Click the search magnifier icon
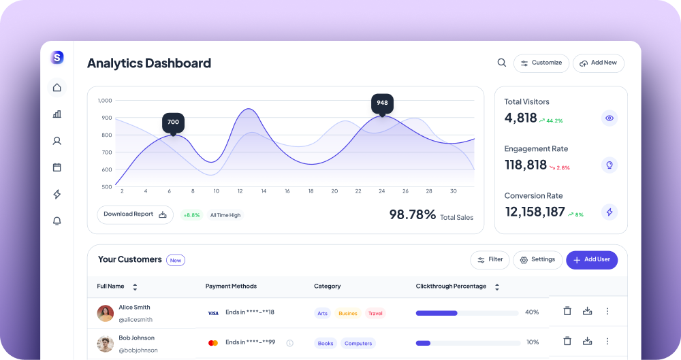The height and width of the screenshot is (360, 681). coord(502,63)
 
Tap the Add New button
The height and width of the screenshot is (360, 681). coord(599,63)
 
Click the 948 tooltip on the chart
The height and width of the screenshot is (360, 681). coord(382,104)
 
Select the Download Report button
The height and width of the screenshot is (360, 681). coord(135,214)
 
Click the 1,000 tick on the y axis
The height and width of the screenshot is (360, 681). coord(105,100)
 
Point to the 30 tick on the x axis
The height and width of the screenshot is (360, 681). coord(454,191)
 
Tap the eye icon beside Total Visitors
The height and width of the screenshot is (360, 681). coord(609,118)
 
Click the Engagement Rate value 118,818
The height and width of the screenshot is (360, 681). coord(526,165)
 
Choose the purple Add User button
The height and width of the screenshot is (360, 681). coord(592,260)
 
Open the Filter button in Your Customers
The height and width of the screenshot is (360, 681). coord(490,260)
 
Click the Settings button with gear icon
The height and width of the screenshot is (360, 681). coord(538,260)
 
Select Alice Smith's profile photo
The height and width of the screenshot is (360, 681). coord(105,313)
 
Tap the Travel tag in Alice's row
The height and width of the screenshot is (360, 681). coord(375,313)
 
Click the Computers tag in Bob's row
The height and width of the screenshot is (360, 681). coord(358,343)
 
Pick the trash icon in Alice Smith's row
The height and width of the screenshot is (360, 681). coord(567,311)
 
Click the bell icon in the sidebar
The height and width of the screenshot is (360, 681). coord(57,221)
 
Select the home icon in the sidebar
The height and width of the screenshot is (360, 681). coord(57,87)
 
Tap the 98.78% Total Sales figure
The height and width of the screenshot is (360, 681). coord(412,214)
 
